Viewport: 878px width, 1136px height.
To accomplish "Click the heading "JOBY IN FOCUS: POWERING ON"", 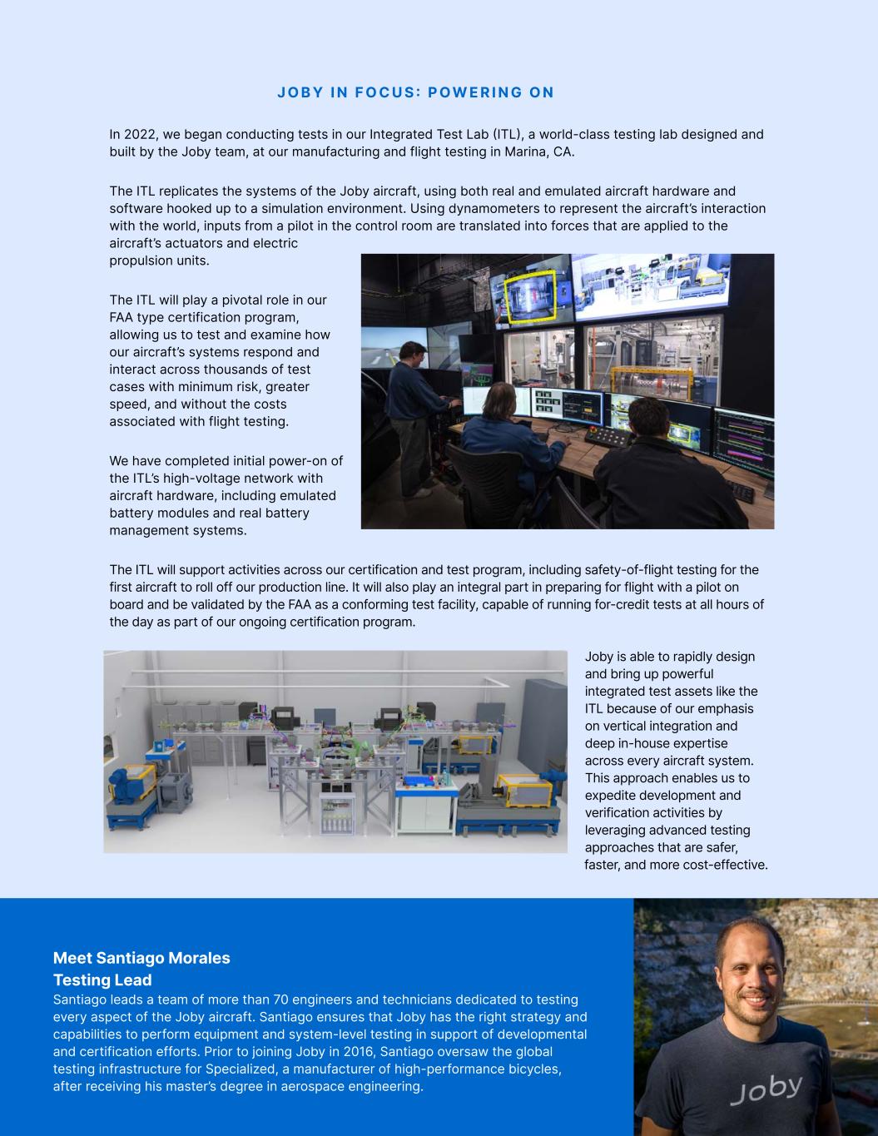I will coord(415,92).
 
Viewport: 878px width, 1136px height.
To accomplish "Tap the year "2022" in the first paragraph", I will coord(141,135).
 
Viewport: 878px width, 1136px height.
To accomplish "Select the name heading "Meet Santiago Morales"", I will coord(141,958).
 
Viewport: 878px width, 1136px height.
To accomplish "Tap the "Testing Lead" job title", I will coord(102,980).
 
